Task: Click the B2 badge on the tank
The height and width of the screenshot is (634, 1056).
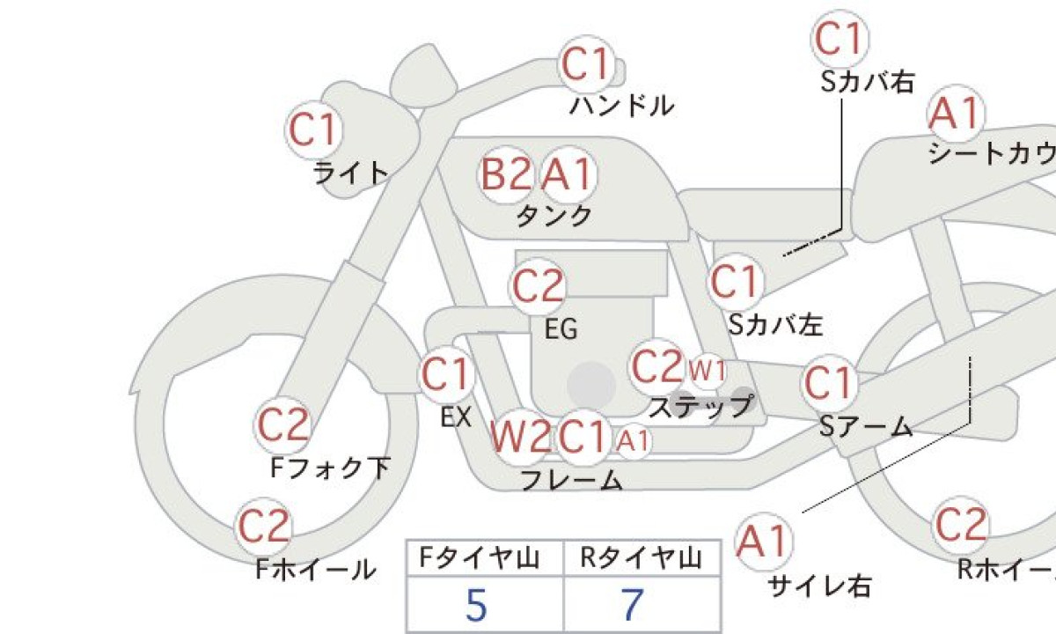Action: pos(505,174)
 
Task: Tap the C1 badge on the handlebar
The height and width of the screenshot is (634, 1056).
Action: pos(586,64)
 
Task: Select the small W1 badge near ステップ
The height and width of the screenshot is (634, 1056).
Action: pos(708,372)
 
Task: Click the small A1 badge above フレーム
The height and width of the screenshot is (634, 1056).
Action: pos(633,441)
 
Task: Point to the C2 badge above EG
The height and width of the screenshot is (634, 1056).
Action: pos(538,286)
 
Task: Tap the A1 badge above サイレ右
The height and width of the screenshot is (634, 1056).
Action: pos(763,542)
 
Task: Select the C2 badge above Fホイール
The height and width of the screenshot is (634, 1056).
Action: pos(263,527)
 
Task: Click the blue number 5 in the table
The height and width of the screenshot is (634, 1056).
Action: pos(476,605)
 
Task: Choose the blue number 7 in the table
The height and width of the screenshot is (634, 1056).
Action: pos(633,605)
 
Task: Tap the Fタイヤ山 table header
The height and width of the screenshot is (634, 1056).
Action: pos(479,558)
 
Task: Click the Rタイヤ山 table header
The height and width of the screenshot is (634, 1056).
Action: pos(641,558)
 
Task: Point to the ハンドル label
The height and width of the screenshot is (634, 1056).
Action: pos(622,106)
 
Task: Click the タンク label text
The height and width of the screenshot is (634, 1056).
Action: pos(554,216)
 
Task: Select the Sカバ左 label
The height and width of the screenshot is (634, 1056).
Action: pos(775,325)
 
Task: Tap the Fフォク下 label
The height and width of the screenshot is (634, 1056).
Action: pos(331,468)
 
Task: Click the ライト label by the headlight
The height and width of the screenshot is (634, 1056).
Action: pos(351,173)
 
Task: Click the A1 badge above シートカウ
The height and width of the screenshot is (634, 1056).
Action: pos(956,114)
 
